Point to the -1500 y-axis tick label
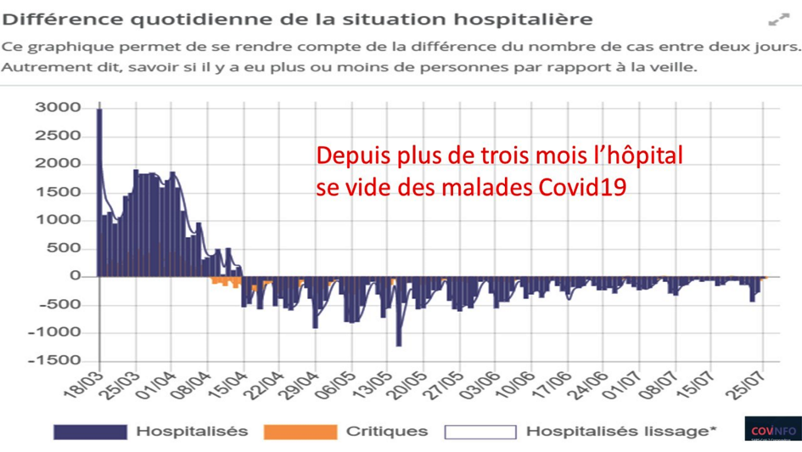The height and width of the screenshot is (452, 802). point(54,361)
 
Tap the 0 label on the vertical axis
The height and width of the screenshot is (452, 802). point(75,276)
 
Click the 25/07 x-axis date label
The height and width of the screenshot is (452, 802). point(746,386)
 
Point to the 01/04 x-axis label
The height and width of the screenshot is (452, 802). point(155,386)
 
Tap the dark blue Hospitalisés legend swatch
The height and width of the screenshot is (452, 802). point(90,432)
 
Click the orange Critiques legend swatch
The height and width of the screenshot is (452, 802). point(300,432)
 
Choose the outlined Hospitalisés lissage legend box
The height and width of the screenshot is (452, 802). point(480,432)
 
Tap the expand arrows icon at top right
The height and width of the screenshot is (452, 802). point(779,20)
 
